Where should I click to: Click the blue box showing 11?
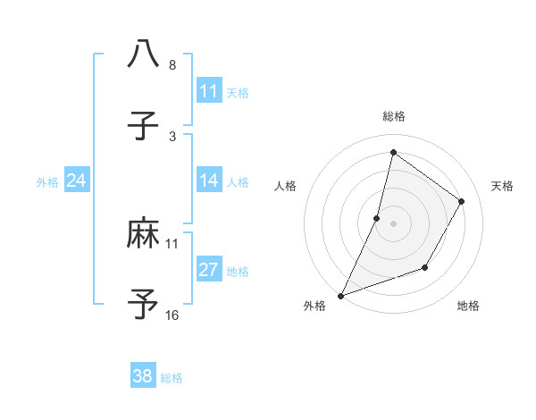[x=209, y=91]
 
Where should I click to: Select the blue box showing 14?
[x=209, y=181]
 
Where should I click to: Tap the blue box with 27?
[x=209, y=270]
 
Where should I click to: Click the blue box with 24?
[x=77, y=181]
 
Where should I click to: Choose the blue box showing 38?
[x=143, y=376]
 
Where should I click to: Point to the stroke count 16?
[x=172, y=315]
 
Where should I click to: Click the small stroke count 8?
[x=172, y=65]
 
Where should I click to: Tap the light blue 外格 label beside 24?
[x=47, y=181]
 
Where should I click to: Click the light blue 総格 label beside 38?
[x=172, y=378]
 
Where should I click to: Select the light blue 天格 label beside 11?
[x=238, y=92]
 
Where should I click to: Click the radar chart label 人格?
[x=285, y=186]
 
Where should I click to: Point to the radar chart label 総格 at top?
[x=393, y=116]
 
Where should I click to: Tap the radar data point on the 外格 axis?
[x=340, y=295]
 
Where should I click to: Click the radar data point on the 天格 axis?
[x=462, y=201]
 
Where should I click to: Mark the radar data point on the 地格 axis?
[x=425, y=267]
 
